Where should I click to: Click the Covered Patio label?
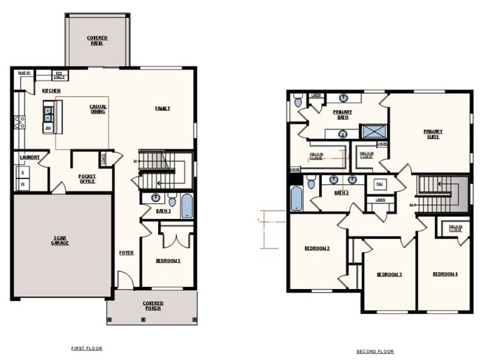96,39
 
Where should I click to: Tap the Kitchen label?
51,90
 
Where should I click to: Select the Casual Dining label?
98,109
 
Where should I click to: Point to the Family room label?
162,109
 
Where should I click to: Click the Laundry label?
30,157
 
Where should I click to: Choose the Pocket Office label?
87,177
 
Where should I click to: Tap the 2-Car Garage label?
60,241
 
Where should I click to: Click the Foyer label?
126,253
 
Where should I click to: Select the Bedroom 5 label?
168,260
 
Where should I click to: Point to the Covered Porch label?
152,306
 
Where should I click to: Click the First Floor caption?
87,347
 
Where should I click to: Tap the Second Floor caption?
375,352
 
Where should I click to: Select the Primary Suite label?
433,134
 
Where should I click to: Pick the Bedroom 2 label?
317,248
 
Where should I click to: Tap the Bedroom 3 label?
389,274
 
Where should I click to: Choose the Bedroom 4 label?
445,274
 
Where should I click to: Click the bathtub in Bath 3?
185,206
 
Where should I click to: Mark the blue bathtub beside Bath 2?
296,197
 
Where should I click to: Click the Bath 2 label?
340,193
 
